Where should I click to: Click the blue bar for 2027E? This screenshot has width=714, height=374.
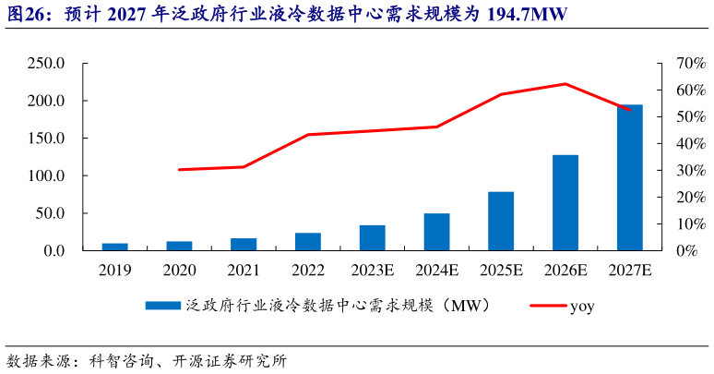[x=630, y=177]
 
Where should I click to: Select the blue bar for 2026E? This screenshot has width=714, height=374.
[x=565, y=202]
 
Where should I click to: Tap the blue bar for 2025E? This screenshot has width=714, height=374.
[x=501, y=221]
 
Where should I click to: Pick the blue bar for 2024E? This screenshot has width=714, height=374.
[x=436, y=232]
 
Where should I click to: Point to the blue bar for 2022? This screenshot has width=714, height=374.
[x=308, y=241]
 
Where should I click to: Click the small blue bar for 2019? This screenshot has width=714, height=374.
[x=114, y=247]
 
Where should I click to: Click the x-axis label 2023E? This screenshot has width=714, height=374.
[x=373, y=270]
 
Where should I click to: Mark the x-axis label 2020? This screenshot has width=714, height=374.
[x=179, y=270]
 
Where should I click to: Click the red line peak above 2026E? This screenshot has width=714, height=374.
[x=565, y=84]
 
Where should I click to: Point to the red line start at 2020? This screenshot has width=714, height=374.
[x=179, y=170]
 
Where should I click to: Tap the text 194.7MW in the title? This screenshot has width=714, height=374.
[x=524, y=16]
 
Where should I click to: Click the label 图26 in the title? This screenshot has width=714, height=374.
[x=27, y=16]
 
